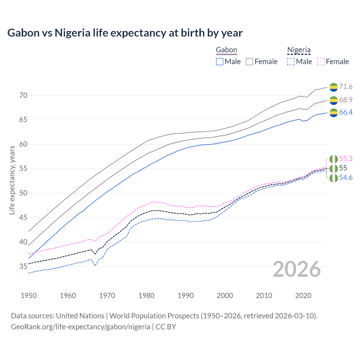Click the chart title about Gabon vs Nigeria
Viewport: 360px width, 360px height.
coord(125,33)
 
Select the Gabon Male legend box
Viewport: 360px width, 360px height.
coord(220,62)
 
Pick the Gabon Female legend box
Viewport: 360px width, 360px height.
coord(250,62)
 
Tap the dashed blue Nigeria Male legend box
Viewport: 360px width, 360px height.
coord(291,62)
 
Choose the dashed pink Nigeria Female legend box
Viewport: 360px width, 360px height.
coord(321,62)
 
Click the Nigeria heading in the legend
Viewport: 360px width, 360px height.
coord(299,50)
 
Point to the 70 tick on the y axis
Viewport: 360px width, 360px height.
coord(23,95)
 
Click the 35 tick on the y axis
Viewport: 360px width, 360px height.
coord(23,266)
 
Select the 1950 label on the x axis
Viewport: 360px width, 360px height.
coord(29,296)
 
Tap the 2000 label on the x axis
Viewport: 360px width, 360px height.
coord(225,296)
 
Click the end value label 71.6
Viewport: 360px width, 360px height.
coord(346,87)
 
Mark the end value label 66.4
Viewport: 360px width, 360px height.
coord(346,112)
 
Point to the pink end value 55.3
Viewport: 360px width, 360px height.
coord(346,159)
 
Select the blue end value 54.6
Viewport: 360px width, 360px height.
coord(346,178)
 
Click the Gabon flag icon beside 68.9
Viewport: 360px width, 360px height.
coord(334,100)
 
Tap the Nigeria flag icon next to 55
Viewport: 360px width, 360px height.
coord(334,168)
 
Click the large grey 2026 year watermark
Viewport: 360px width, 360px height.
coord(297,269)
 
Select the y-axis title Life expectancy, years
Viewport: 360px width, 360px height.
coord(12,180)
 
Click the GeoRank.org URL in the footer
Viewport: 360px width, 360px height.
coord(81,327)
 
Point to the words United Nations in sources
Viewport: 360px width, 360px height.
coord(80,316)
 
